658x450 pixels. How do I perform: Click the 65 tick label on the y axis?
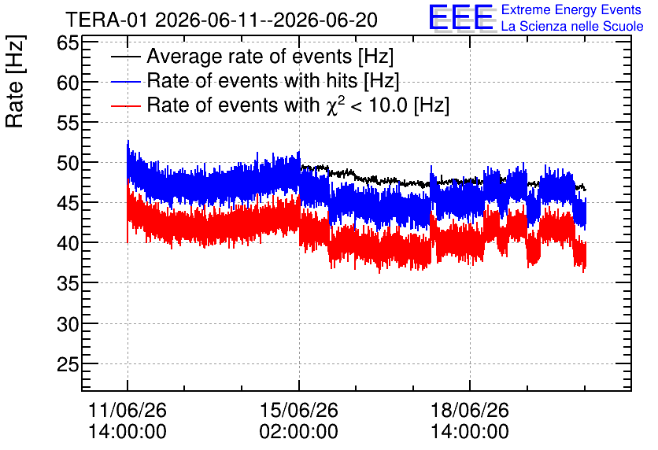pos(68,42)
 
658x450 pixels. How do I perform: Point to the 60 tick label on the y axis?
pos(68,83)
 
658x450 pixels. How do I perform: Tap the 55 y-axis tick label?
pos(68,123)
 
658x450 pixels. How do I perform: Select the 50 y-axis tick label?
pos(68,163)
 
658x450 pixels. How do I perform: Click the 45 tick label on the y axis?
pos(68,203)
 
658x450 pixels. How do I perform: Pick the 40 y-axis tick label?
pos(68,243)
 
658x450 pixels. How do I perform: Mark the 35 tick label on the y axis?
pos(68,283)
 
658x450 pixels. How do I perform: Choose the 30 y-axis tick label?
pos(68,324)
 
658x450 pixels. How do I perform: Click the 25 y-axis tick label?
pos(68,364)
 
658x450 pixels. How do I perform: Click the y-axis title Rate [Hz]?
pos(15,81)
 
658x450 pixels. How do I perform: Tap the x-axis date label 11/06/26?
pos(128,410)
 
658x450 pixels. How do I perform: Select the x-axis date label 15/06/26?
pos(299,410)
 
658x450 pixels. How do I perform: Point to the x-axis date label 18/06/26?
pos(470,410)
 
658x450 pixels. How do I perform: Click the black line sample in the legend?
pos(125,57)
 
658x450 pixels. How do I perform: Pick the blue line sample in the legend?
pos(125,81)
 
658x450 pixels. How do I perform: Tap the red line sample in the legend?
pos(125,105)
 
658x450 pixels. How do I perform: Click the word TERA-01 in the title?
pos(106,20)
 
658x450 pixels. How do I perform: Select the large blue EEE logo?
pos(461,17)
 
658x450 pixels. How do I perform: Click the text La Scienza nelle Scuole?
pos(572,27)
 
